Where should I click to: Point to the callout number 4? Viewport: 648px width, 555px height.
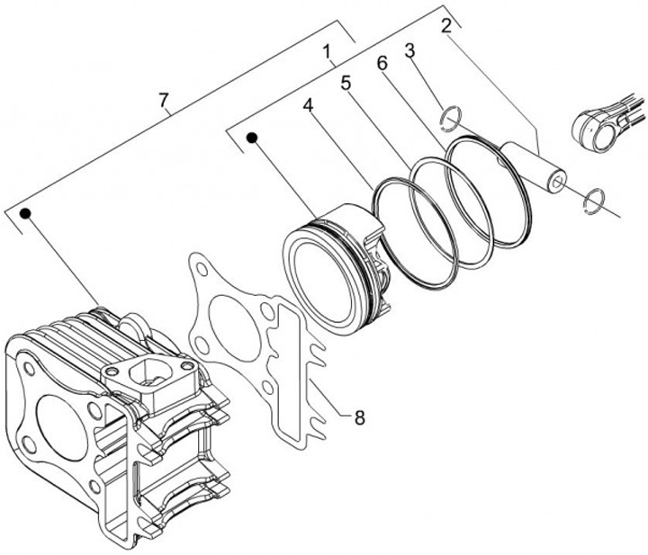click(309, 105)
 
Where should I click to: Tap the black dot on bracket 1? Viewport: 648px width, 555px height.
click(253, 138)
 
